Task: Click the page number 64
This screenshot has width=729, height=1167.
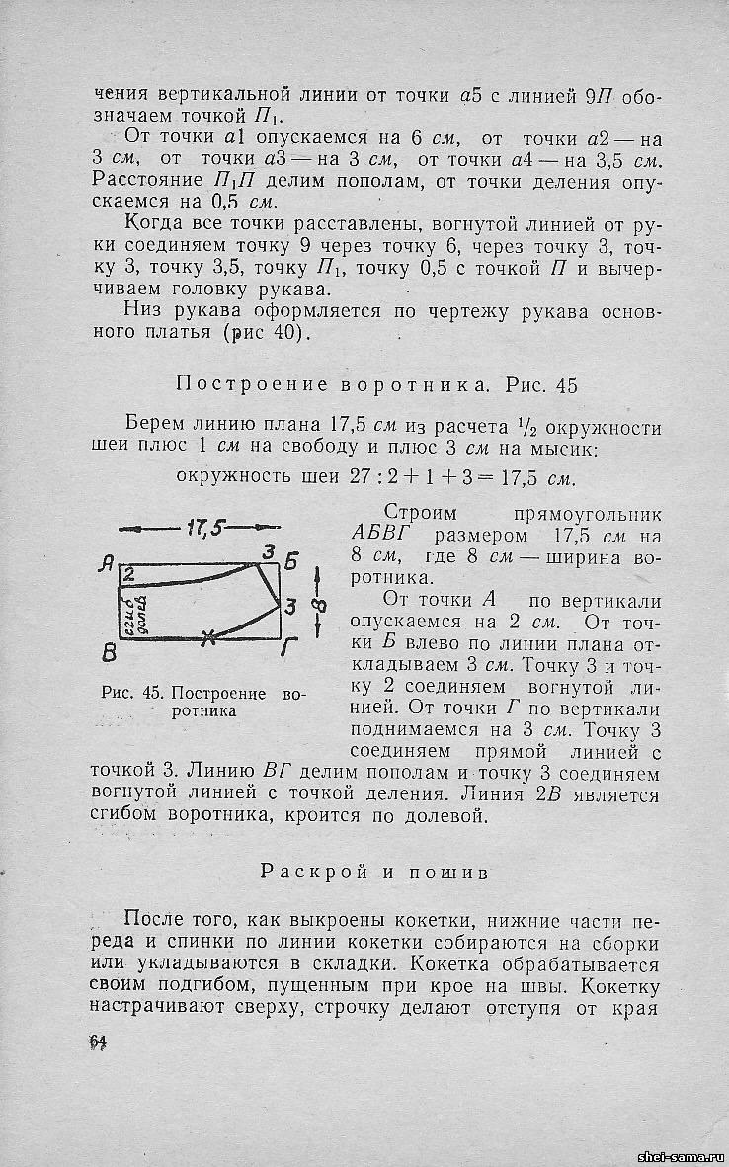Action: click(97, 1042)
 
